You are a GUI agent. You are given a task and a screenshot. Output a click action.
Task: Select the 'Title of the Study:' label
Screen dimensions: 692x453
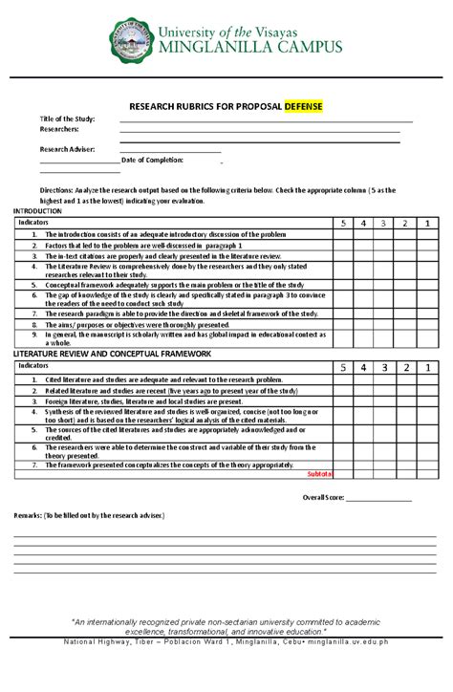pyautogui.click(x=66, y=119)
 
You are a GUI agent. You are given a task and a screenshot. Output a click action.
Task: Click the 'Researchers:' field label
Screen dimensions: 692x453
pyautogui.click(x=58, y=129)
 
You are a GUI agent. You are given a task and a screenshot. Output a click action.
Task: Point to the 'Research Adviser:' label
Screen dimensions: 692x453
pyautogui.click(x=68, y=149)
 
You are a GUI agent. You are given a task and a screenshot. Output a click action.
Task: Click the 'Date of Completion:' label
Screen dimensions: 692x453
pyautogui.click(x=152, y=160)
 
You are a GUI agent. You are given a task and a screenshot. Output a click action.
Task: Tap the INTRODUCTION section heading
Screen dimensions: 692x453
pyautogui.click(x=39, y=210)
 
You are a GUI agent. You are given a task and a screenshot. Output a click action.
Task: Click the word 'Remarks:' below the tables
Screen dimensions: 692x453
pyautogui.click(x=28, y=515)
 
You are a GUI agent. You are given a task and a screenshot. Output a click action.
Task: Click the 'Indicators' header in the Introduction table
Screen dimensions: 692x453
pyautogui.click(x=33, y=222)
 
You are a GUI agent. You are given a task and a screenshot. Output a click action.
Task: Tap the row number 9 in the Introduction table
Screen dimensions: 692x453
pyautogui.click(x=33, y=335)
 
